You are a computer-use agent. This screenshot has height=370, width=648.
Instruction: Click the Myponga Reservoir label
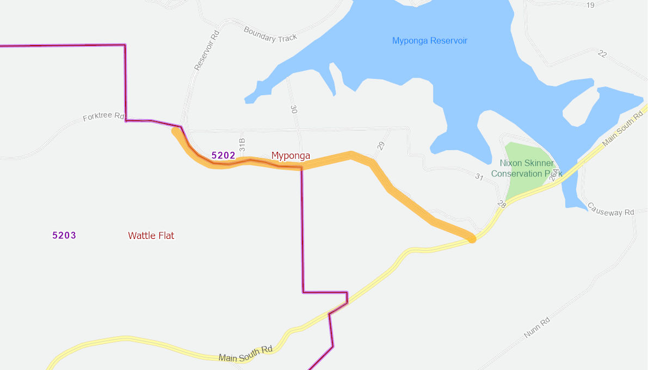(x=429, y=41)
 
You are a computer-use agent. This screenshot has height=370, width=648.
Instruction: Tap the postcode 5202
(x=223, y=156)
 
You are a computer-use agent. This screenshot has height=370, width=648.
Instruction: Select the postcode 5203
(x=64, y=236)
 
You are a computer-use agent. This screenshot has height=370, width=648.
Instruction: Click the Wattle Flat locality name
(x=151, y=236)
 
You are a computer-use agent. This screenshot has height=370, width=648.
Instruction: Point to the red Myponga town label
(x=291, y=156)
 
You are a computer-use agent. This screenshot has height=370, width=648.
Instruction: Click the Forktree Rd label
(x=104, y=117)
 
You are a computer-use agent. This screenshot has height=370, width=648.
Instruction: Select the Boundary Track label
(x=270, y=34)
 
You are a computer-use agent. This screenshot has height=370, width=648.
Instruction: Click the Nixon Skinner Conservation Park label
(x=527, y=168)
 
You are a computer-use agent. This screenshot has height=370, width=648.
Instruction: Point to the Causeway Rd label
(x=611, y=209)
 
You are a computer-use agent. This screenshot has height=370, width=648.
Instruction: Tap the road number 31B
(x=243, y=144)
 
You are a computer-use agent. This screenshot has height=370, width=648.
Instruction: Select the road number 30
(x=294, y=109)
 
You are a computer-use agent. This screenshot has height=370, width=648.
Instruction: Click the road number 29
(x=381, y=146)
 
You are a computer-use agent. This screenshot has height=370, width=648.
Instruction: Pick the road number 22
(x=602, y=53)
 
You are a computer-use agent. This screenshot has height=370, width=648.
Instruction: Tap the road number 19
(x=590, y=5)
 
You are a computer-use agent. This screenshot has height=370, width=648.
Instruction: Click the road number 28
(x=501, y=204)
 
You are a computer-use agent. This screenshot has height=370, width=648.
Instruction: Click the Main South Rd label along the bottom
(x=245, y=353)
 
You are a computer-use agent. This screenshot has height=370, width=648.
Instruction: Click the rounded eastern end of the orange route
(x=472, y=238)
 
